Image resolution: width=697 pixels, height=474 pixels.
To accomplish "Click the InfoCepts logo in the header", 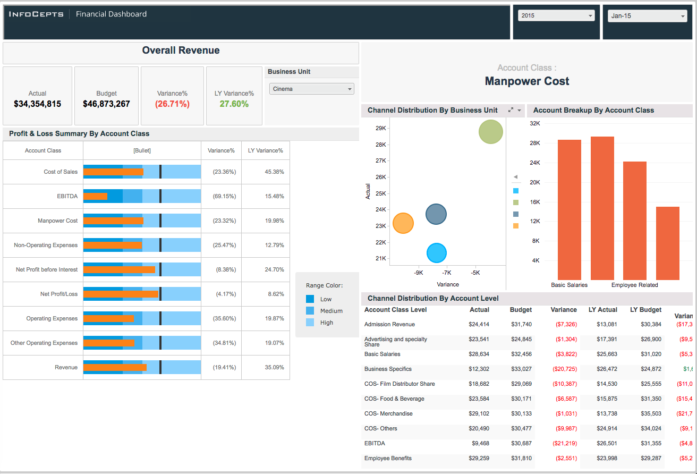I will pyautogui.click(x=36, y=14).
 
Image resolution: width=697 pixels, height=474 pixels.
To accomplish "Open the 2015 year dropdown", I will pyautogui.click(x=556, y=16).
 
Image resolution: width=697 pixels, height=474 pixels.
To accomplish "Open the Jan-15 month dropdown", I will pyautogui.click(x=647, y=16).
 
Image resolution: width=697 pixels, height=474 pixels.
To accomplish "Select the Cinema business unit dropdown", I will pyautogui.click(x=311, y=89).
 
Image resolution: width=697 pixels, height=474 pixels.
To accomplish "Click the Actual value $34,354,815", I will pyautogui.click(x=37, y=104).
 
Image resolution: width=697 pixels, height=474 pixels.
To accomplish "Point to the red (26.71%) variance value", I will pyautogui.click(x=172, y=104).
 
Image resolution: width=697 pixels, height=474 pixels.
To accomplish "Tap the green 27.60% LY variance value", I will pyautogui.click(x=234, y=104).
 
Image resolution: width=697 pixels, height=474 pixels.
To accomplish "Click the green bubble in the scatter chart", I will pyautogui.click(x=490, y=132).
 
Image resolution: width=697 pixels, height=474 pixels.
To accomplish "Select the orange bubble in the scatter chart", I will pyautogui.click(x=403, y=223).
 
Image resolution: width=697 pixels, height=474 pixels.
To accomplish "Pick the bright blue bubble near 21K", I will pyautogui.click(x=437, y=253).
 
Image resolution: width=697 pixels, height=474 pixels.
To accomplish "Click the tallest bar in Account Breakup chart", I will pyautogui.click(x=602, y=207).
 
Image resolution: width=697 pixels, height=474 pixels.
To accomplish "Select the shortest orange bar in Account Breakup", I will pyautogui.click(x=667, y=243).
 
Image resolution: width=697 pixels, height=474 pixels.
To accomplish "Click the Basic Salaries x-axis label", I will pyautogui.click(x=569, y=285).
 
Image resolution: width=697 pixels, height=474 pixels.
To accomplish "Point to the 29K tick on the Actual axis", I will pyautogui.click(x=380, y=128).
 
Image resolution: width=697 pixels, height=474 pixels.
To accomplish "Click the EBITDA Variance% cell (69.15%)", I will pyautogui.click(x=221, y=197).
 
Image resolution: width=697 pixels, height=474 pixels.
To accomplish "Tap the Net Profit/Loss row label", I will pyautogui.click(x=58, y=294).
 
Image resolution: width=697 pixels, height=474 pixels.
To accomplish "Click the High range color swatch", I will pyautogui.click(x=310, y=323).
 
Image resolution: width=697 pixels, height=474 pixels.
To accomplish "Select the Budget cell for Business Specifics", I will pyautogui.click(x=521, y=369).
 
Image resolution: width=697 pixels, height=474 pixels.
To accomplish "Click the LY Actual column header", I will pyautogui.click(x=603, y=310).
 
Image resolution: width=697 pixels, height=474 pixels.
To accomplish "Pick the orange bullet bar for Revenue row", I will pyautogui.click(x=115, y=367).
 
